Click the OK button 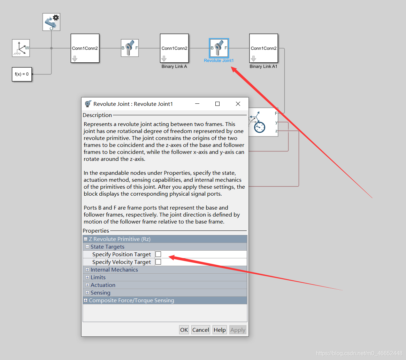[184, 330]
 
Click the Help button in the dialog [220, 330]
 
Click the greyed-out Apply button [238, 330]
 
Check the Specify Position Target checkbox [158, 254]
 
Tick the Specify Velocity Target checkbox [158, 262]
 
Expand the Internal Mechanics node [87, 270]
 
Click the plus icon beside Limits [87, 277]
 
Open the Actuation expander [87, 285]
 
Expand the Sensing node [87, 293]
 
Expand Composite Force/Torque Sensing [85, 300]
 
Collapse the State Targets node [87, 247]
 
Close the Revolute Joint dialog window [238, 104]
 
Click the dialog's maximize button [217, 104]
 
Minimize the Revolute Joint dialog [197, 104]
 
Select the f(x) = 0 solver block [22, 74]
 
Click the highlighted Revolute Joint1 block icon [219, 48]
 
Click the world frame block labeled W [21, 48]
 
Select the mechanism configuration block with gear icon [52, 22]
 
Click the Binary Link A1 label [263, 66]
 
